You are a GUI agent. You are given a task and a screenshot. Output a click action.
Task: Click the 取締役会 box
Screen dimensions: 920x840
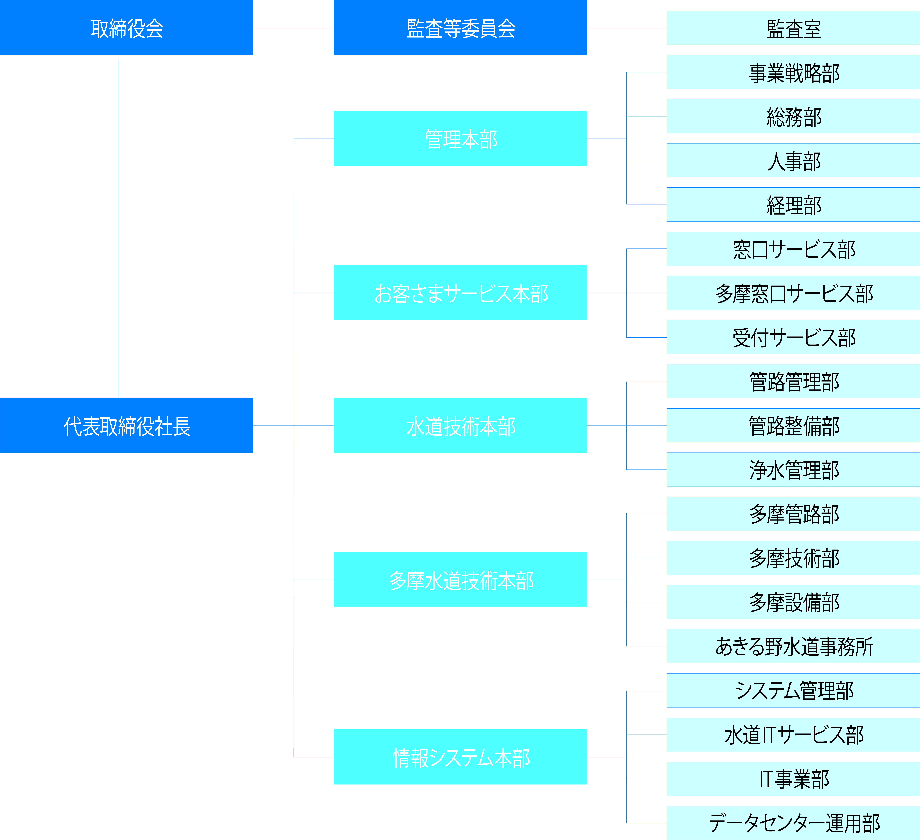click(126, 27)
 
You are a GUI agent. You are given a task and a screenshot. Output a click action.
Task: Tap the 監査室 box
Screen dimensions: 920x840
click(793, 28)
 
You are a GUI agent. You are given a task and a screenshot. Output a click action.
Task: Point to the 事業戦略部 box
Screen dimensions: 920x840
click(793, 72)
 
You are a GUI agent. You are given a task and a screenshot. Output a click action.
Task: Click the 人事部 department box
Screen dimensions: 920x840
click(793, 160)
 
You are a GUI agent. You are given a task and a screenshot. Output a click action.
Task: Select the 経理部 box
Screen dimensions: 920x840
click(793, 205)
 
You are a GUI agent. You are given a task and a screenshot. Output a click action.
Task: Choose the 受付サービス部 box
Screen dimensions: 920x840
click(793, 337)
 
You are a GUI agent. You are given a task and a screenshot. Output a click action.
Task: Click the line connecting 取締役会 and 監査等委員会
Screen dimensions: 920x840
click(293, 27)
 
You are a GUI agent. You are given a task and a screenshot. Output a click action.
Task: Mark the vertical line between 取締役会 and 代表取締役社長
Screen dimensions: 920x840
click(119, 228)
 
